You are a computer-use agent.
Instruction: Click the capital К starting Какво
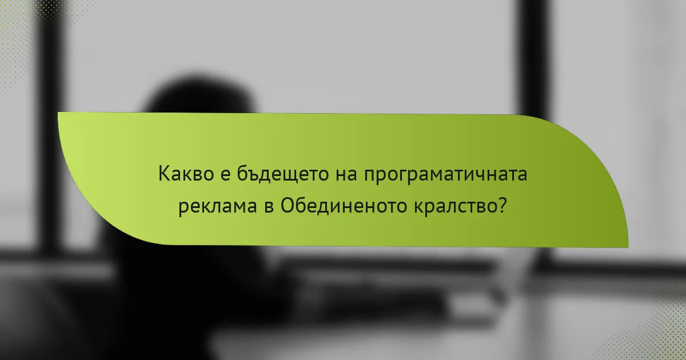click(165, 175)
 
